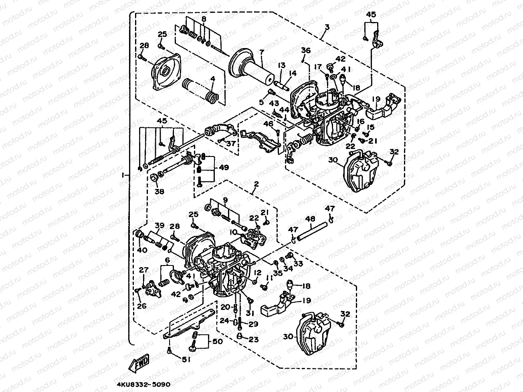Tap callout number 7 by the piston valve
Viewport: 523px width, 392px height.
261,52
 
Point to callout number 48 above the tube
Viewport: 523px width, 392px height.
310,219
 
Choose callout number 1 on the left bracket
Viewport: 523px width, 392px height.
124,175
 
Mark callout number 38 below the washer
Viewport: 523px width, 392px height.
160,191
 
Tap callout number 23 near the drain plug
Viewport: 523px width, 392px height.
253,340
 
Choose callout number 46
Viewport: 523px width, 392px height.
268,125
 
